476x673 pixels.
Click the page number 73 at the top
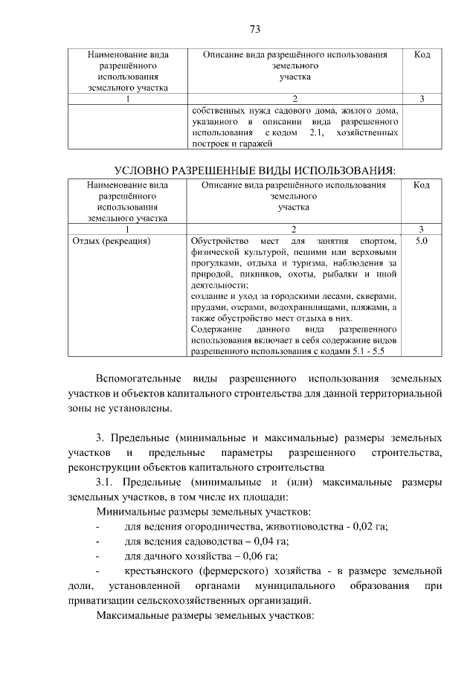(254, 30)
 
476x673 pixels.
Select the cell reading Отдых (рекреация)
(112, 241)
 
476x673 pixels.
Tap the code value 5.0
(421, 241)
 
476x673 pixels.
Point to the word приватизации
(101, 601)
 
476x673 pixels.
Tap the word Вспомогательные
(141, 376)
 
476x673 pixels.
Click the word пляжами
(370, 306)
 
